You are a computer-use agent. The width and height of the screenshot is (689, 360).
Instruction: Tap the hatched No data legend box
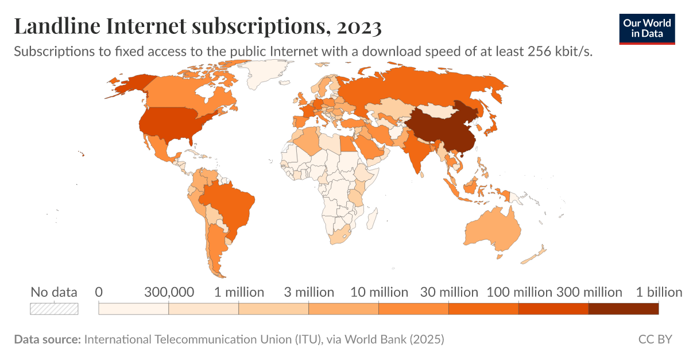point(54,308)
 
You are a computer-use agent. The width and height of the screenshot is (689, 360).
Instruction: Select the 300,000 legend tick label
point(169,292)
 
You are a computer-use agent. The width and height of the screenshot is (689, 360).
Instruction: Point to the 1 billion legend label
point(659,292)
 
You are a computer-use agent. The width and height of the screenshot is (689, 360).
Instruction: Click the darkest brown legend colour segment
point(623,309)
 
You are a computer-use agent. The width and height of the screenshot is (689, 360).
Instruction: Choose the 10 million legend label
point(379,292)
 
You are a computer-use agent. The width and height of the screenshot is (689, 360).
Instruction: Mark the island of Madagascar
point(371,218)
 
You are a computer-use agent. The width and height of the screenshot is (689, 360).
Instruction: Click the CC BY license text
point(655,339)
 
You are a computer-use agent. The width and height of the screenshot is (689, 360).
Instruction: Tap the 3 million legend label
point(309,292)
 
